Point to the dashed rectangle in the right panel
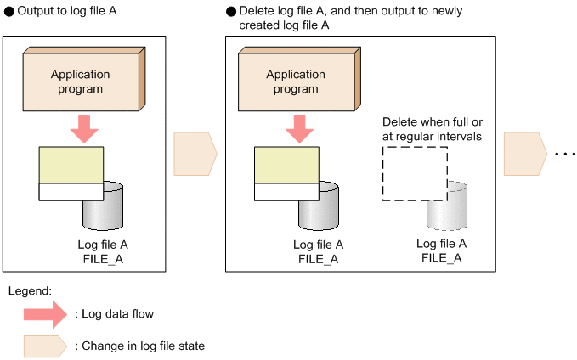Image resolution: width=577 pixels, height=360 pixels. click(414, 172)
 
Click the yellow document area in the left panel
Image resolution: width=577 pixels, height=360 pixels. click(71, 165)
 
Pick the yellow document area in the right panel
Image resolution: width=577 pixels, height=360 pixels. click(286, 165)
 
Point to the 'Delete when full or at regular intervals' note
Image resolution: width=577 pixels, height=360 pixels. click(433, 128)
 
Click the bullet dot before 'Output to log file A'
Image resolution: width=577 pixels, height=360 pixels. click(8, 14)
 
